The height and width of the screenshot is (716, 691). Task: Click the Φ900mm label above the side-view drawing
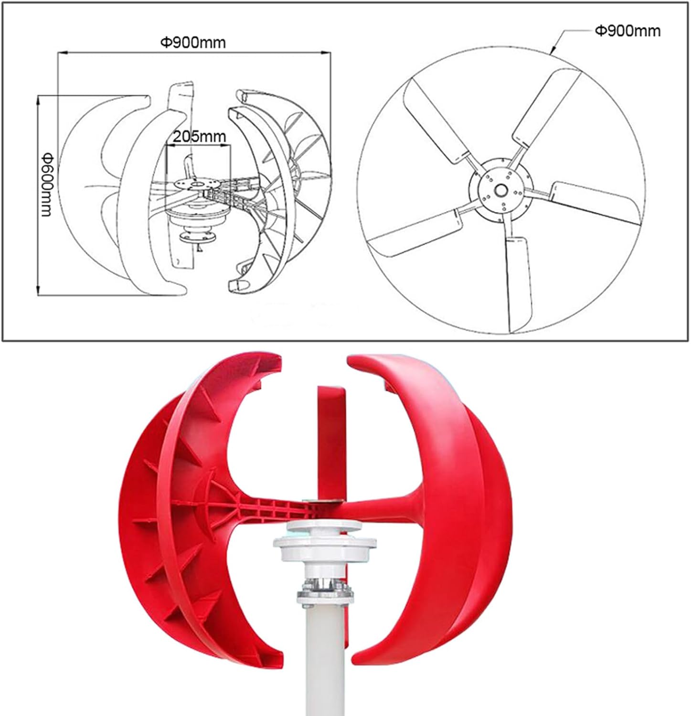tap(192, 42)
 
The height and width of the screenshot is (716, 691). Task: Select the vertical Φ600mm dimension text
tap(46, 184)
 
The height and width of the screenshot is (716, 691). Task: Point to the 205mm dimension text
tap(199, 137)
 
